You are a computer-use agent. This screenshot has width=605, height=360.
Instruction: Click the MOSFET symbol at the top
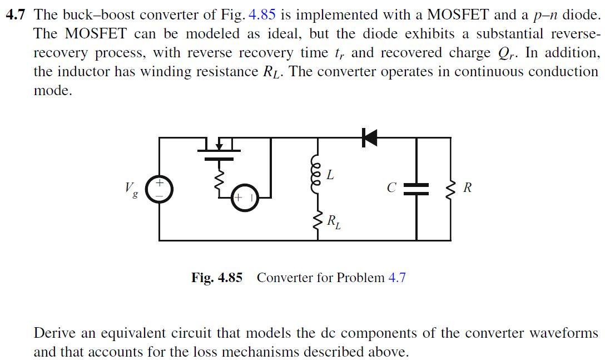click(x=219, y=149)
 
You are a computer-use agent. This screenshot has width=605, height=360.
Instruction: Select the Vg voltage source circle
click(x=160, y=189)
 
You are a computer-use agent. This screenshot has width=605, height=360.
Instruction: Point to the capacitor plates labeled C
click(x=416, y=189)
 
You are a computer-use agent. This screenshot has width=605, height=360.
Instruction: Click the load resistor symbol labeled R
click(x=450, y=188)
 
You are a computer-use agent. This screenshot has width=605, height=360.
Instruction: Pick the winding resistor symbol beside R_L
click(x=318, y=223)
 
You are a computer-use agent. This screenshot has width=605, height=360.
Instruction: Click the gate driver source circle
click(x=245, y=199)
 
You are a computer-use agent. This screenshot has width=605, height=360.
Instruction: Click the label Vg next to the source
click(x=132, y=190)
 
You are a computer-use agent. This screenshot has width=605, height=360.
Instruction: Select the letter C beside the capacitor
click(x=391, y=188)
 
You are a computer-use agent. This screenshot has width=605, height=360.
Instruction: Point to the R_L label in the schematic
click(x=333, y=222)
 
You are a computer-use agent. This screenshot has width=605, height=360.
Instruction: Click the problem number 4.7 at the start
click(x=16, y=15)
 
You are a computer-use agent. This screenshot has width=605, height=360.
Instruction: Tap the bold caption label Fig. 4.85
click(x=217, y=277)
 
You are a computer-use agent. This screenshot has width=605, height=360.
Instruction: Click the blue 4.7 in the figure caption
click(x=396, y=277)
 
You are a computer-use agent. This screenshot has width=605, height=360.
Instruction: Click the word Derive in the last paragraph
click(x=53, y=333)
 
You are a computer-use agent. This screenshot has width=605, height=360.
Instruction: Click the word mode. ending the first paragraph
click(x=53, y=91)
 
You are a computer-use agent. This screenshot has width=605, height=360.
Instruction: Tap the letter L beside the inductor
click(x=330, y=175)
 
